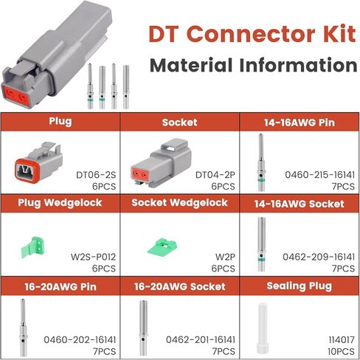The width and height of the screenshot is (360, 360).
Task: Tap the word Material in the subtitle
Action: click(x=191, y=66)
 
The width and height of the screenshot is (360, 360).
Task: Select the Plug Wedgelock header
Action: click(x=60, y=203)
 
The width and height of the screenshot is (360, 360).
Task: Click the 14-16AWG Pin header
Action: click(x=300, y=122)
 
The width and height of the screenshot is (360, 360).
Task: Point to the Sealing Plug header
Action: click(x=300, y=286)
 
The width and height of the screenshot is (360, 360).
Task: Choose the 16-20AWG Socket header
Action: click(x=180, y=287)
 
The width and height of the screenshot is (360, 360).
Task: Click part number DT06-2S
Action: click(x=96, y=175)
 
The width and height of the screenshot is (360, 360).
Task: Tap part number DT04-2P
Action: click(x=215, y=175)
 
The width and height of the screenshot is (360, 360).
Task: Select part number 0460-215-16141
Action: click(x=320, y=175)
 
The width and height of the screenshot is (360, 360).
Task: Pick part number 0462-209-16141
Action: click(x=319, y=257)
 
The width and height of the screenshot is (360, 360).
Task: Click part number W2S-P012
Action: click(x=93, y=257)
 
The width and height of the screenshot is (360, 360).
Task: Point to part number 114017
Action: click(x=342, y=340)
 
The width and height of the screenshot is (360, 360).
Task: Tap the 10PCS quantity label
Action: click(x=342, y=351)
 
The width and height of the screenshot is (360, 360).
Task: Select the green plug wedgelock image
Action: click(x=33, y=247)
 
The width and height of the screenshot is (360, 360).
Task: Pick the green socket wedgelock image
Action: click(x=162, y=246)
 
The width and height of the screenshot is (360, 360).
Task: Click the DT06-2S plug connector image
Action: click(x=38, y=162)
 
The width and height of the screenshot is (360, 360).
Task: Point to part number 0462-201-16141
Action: click(x=201, y=340)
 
